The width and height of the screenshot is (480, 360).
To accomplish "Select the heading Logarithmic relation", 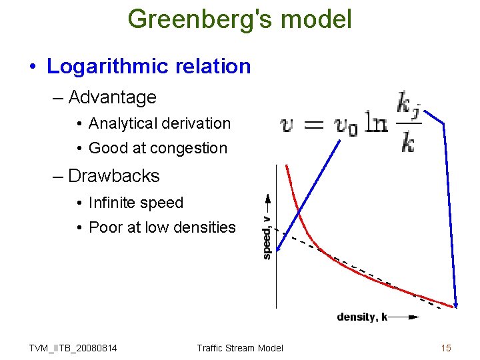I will pyautogui.click(x=149, y=67).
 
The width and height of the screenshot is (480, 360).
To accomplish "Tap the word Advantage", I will pyautogui.click(x=112, y=97).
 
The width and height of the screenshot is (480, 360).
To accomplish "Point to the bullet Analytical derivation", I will pyautogui.click(x=159, y=123).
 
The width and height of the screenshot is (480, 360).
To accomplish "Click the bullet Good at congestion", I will pyautogui.click(x=158, y=148).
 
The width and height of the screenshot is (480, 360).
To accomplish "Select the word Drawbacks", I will pyautogui.click(x=114, y=176).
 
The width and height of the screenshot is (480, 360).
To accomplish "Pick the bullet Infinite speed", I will pyautogui.click(x=136, y=203).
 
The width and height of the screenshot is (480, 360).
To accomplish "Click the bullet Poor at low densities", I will pyautogui.click(x=162, y=227).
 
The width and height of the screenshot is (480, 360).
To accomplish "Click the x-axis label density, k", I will pyautogui.click(x=362, y=317).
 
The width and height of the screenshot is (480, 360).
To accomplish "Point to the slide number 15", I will pyautogui.click(x=446, y=347).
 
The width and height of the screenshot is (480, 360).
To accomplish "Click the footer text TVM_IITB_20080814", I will pyautogui.click(x=73, y=348).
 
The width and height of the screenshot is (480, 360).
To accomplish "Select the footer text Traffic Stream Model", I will pyautogui.click(x=240, y=348).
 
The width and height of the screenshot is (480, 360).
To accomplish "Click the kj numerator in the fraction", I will pyautogui.click(x=408, y=105).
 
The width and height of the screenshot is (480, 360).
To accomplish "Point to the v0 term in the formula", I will pyautogui.click(x=345, y=125).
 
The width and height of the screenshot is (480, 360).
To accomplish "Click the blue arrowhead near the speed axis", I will pyautogui.click(x=279, y=247).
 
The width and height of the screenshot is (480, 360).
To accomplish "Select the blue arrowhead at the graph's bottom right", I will pyautogui.click(x=455, y=303).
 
